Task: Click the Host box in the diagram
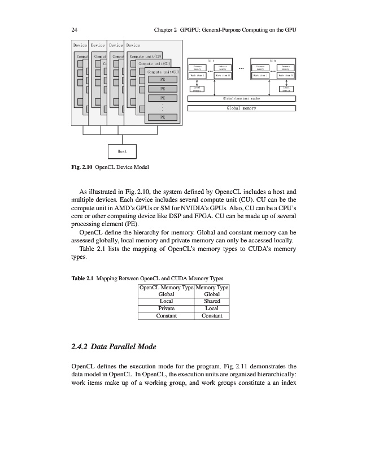[122, 151]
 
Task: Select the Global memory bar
[241, 107]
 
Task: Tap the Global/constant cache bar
[241, 99]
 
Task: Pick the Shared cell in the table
[212, 301]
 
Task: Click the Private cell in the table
[167, 308]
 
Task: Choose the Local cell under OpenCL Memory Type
[167, 301]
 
